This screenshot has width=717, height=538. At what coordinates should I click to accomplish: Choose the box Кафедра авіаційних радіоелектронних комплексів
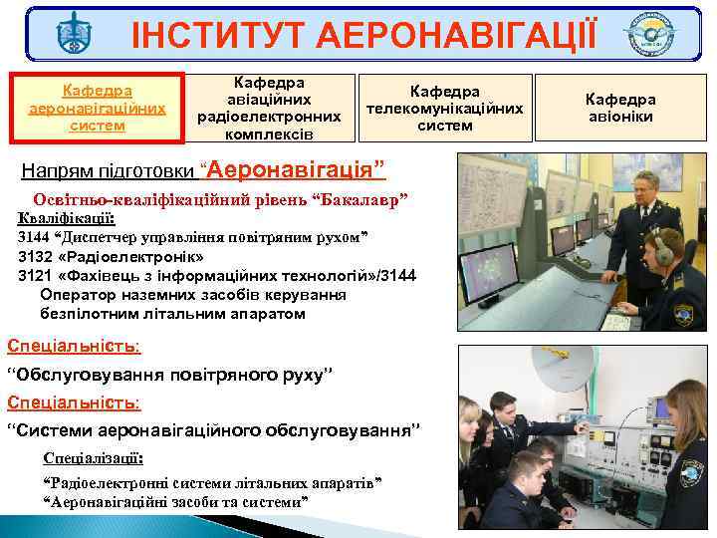[268, 107]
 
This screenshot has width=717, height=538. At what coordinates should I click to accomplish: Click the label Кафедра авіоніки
[619, 108]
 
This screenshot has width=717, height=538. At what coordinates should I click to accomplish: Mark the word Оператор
[77, 294]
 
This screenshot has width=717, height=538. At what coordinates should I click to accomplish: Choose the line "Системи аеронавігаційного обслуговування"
[214, 431]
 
